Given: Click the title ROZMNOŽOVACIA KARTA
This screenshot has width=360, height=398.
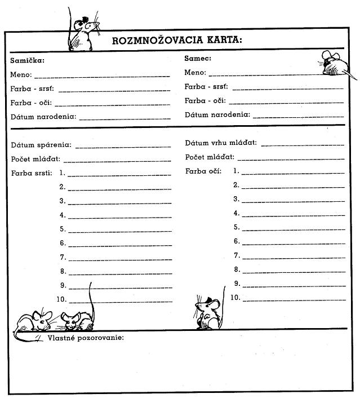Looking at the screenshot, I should (x=177, y=40).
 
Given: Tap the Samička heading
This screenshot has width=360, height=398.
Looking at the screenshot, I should (x=27, y=60).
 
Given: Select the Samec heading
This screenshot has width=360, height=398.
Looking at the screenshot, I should (x=197, y=58).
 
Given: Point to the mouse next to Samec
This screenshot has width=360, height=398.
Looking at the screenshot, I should (x=334, y=64).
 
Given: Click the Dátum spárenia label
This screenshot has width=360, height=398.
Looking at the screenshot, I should (x=41, y=145).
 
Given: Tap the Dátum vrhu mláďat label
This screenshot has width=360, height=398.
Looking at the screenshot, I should (x=221, y=143).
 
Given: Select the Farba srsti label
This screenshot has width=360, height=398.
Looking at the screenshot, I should (x=32, y=173).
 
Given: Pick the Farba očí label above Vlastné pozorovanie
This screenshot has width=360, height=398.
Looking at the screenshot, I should (x=203, y=171).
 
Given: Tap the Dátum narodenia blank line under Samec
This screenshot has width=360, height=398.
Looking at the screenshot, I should (x=298, y=117).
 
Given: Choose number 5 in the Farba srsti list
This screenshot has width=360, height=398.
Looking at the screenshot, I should (x=63, y=229).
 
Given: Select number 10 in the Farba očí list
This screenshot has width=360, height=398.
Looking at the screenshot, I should (x=235, y=297).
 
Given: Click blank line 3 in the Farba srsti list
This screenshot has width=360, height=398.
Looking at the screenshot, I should (x=119, y=204).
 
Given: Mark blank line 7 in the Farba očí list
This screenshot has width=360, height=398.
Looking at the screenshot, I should (x=294, y=259).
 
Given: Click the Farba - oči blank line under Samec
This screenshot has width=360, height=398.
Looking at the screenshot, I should (x=286, y=103).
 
